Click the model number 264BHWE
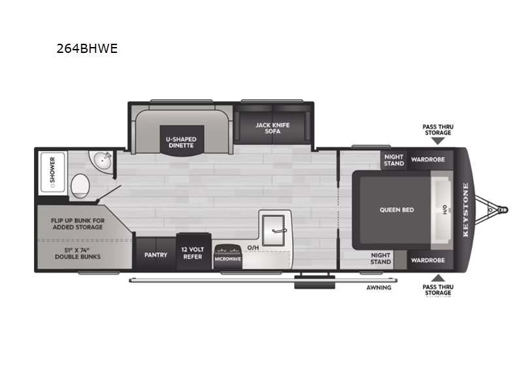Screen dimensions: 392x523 [87, 48]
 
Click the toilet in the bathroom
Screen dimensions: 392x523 [80, 186]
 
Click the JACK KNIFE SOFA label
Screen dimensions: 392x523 [272, 128]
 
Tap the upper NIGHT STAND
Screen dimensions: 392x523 [394, 160]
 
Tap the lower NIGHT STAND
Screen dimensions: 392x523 [380, 259]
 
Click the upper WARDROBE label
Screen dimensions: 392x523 [428, 159]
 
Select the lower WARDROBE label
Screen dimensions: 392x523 [428, 259]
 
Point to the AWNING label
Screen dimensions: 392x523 [379, 287]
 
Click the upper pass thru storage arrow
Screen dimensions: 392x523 [437, 140]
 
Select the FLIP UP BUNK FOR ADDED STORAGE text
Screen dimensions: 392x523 [78, 224]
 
